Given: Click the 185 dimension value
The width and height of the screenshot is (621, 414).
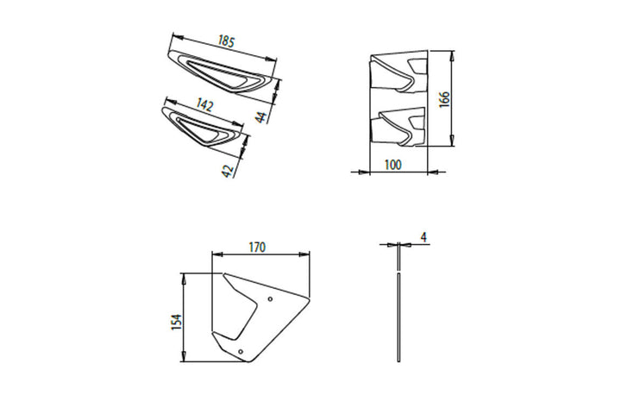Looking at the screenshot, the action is [226, 41].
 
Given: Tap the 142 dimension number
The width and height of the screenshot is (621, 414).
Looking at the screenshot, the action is [204, 104].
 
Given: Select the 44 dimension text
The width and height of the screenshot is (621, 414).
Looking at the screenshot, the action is [260, 117].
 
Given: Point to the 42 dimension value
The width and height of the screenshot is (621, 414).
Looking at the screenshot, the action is [227, 171].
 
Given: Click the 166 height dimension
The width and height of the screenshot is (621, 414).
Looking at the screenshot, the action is [444, 99].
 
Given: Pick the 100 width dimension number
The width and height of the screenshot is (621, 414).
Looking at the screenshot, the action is [393, 165].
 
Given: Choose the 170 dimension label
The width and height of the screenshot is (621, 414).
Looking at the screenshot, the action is [257, 248].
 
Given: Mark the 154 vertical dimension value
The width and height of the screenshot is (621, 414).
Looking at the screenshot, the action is [177, 322].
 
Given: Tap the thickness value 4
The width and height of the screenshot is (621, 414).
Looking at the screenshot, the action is [423, 237].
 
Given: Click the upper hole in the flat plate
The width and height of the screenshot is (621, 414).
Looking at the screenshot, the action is [270, 298].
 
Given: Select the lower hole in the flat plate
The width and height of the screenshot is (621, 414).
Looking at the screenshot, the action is [241, 351].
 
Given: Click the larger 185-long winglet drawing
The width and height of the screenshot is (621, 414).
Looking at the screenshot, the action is [223, 73].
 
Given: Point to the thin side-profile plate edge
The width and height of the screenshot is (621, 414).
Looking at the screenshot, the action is [398, 302].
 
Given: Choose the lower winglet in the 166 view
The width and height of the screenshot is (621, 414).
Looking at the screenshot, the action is [398, 127].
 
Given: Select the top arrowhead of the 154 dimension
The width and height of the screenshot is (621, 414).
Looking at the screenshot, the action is [184, 279].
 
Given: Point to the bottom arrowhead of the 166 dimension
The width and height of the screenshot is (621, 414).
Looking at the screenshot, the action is [452, 141].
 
